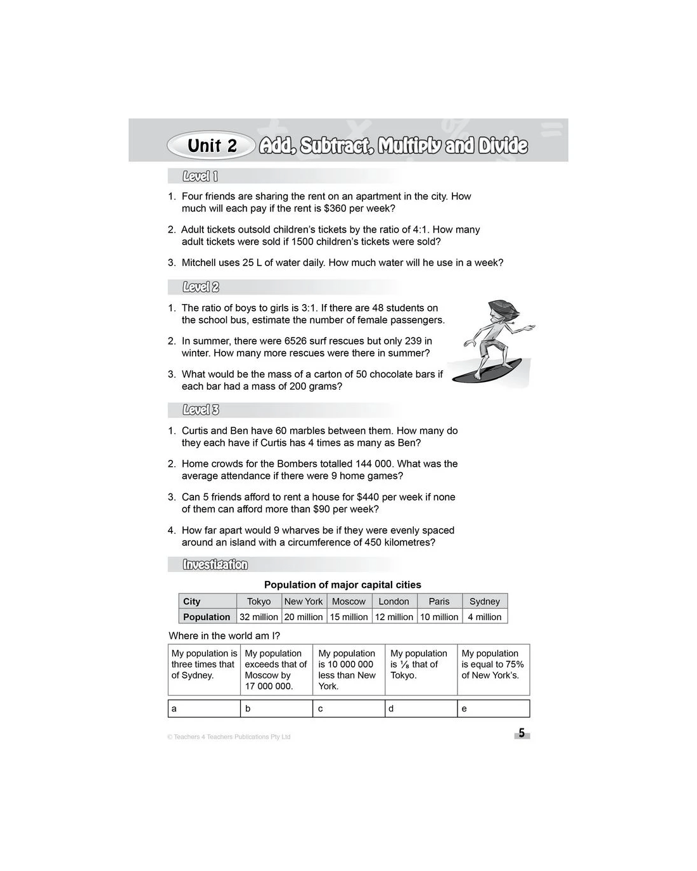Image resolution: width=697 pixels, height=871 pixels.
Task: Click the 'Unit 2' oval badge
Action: [x=212, y=146]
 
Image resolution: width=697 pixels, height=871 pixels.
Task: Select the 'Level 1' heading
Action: [x=200, y=177]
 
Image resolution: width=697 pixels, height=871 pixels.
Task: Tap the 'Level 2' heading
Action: [x=200, y=287]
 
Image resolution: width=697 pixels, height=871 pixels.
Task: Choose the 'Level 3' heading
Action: [x=200, y=410]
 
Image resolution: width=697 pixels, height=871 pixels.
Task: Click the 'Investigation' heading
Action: [x=215, y=564]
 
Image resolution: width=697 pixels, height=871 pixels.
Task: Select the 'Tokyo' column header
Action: [x=259, y=601]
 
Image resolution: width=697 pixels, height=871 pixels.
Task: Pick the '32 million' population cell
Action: [x=259, y=617]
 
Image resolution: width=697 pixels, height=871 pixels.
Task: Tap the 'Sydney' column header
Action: [x=485, y=601]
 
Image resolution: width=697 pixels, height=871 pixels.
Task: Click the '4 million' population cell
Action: [x=485, y=617]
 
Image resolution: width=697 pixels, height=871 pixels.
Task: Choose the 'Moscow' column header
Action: [x=348, y=601]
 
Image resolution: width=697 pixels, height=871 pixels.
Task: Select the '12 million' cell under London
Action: [x=394, y=617]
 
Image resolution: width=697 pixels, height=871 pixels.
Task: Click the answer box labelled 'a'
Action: [x=204, y=708]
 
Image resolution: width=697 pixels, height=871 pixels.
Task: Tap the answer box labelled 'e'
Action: [x=493, y=708]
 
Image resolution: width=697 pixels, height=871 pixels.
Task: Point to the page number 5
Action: [x=521, y=734]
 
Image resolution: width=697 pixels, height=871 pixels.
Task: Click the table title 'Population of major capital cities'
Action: [x=342, y=585]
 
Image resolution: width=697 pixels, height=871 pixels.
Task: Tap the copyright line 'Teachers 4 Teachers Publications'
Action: [x=229, y=737]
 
